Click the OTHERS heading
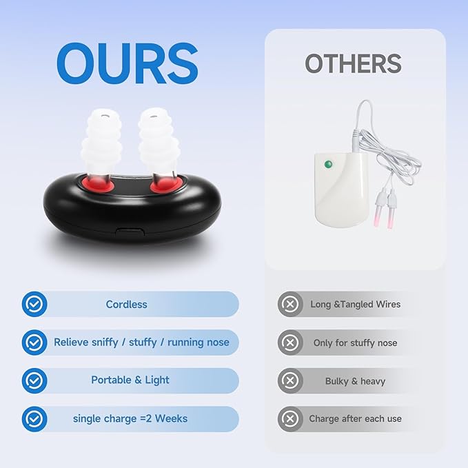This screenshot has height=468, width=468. pyautogui.click(x=353, y=63)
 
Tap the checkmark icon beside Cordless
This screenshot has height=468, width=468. pyautogui.click(x=34, y=304)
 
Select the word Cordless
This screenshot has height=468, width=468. pyautogui.click(x=126, y=304)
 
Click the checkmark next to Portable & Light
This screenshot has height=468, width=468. pyautogui.click(x=34, y=380)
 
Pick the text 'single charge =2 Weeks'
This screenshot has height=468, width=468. pyautogui.click(x=130, y=418)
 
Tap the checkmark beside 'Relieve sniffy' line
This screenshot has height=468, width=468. pyautogui.click(x=34, y=342)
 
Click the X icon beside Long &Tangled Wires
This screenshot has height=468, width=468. pyautogui.click(x=290, y=304)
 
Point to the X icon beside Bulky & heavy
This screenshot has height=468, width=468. pyautogui.click(x=290, y=380)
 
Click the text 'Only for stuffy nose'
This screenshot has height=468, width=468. pyautogui.click(x=355, y=343)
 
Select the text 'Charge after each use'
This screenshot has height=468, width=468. pyautogui.click(x=355, y=418)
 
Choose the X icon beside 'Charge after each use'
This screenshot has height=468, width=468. pyautogui.click(x=290, y=418)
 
